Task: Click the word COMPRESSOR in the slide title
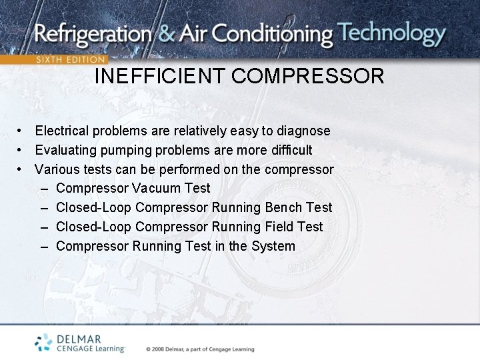308,76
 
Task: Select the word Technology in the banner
391,33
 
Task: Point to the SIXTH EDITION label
70,59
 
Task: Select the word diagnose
303,131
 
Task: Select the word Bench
283,207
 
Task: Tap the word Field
281,227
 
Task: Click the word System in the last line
273,246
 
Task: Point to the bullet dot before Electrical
21,131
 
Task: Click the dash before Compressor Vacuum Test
44,189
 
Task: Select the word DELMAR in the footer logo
78,339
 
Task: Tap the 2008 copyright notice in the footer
200,349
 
